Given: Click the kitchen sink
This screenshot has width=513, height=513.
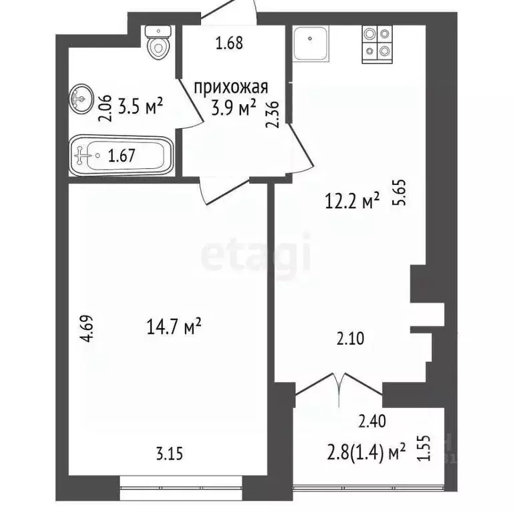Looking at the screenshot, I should [310, 41].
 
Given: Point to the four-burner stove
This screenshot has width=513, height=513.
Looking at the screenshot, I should [377, 42].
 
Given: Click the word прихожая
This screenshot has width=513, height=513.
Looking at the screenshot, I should [231, 88].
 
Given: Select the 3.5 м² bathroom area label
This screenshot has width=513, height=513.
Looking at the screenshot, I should [140, 106].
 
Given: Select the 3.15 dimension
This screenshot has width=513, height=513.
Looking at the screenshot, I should [170, 454].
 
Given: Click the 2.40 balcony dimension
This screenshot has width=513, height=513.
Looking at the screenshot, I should [371, 421].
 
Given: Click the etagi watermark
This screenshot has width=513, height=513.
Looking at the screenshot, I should [256, 254].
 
